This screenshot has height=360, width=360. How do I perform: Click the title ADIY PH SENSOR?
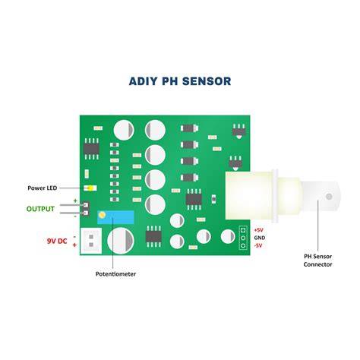coord(180,81)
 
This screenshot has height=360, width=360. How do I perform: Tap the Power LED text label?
coord(43,188)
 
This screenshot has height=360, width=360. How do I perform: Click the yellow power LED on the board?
coord(90,188)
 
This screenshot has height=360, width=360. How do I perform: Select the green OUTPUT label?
coord(40,209)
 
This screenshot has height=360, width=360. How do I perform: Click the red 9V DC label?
coord(57,241)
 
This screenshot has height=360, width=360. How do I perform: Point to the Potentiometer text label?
coord(115,274)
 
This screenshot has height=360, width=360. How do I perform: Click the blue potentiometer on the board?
coord(115,217)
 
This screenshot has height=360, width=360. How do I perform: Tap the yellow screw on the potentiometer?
coord(102,215)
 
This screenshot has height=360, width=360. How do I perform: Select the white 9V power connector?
coord(91,241)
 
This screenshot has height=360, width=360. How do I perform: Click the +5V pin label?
coord(258,230)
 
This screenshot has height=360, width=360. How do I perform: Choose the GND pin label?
coord(260,238)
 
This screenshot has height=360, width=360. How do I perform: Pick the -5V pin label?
coord(258,245)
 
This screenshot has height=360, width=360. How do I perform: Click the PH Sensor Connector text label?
coord(317,261)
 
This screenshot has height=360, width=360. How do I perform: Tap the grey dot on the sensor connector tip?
coord(329,196)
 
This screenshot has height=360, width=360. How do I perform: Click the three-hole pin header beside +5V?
coord(243,238)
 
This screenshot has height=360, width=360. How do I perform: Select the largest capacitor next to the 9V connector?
coord(121,241)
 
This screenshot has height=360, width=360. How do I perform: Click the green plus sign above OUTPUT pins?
coord(75,201)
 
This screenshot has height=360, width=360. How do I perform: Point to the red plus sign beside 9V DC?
coord(74,245)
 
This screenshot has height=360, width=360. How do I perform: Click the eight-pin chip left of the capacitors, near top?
coord(91,149)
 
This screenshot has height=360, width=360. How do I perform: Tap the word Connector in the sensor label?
coord(317,264)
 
